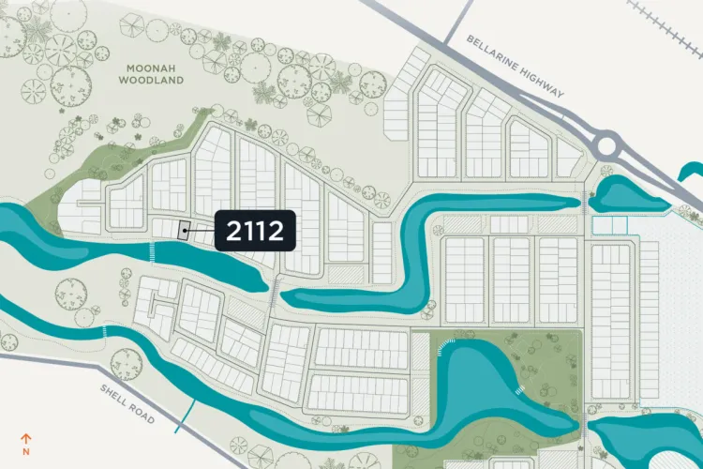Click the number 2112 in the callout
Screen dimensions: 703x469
(255, 231)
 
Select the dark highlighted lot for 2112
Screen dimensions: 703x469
(185, 229)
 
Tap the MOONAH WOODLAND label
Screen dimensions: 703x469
(151, 74)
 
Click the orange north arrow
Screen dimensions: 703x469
(27, 436)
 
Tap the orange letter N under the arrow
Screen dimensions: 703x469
(27, 448)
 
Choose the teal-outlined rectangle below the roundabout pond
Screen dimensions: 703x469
(608, 225)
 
